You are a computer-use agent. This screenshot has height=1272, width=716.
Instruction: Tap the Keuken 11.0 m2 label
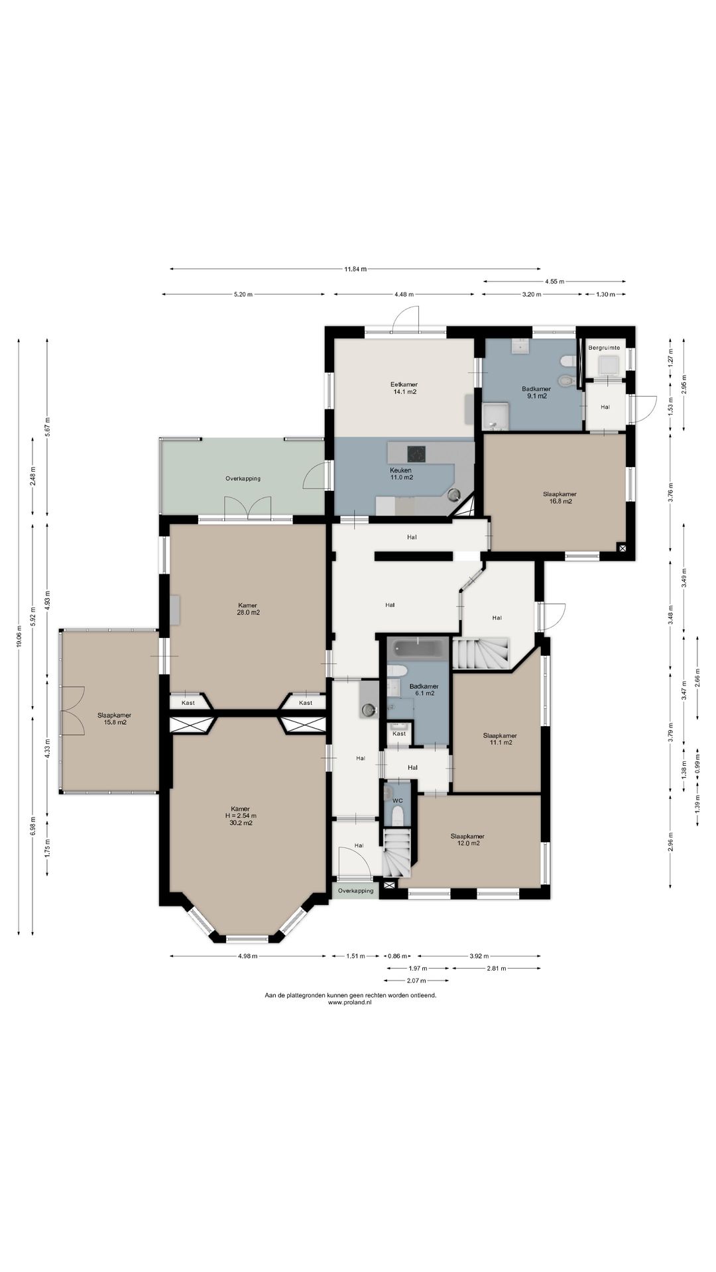(401, 474)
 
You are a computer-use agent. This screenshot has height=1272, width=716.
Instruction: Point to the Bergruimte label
(604, 347)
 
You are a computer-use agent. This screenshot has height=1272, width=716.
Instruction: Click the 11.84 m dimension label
(355, 269)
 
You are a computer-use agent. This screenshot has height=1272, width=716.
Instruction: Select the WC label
(398, 801)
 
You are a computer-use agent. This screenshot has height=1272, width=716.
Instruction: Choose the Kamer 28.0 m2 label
(249, 609)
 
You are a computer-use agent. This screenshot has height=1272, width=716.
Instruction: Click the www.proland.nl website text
(350, 1002)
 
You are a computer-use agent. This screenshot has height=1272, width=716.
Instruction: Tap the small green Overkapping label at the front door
(355, 891)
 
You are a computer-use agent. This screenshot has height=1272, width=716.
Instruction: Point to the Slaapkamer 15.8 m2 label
(114, 719)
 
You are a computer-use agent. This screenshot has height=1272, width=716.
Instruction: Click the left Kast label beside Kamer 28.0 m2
(188, 703)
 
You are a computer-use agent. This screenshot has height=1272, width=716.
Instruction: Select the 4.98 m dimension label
(248, 956)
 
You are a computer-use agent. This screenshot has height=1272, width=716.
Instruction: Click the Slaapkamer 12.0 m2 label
(467, 839)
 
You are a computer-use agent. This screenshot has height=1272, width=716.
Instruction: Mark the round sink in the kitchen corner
(454, 494)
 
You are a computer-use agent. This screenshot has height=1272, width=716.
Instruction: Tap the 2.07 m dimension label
(416, 980)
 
